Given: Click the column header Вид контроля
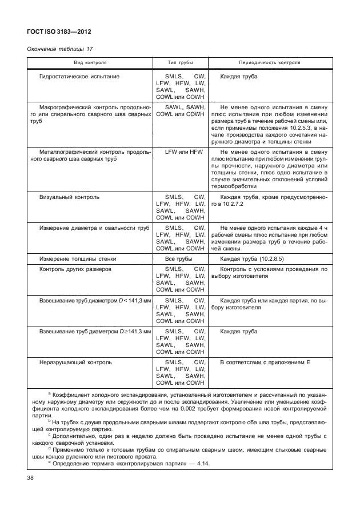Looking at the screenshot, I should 89,62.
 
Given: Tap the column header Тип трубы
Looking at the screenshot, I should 180,62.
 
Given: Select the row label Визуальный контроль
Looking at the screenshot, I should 69,197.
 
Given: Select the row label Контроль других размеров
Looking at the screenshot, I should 79,269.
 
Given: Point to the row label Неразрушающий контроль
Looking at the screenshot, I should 75,362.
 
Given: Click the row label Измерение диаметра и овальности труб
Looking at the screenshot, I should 94,228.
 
